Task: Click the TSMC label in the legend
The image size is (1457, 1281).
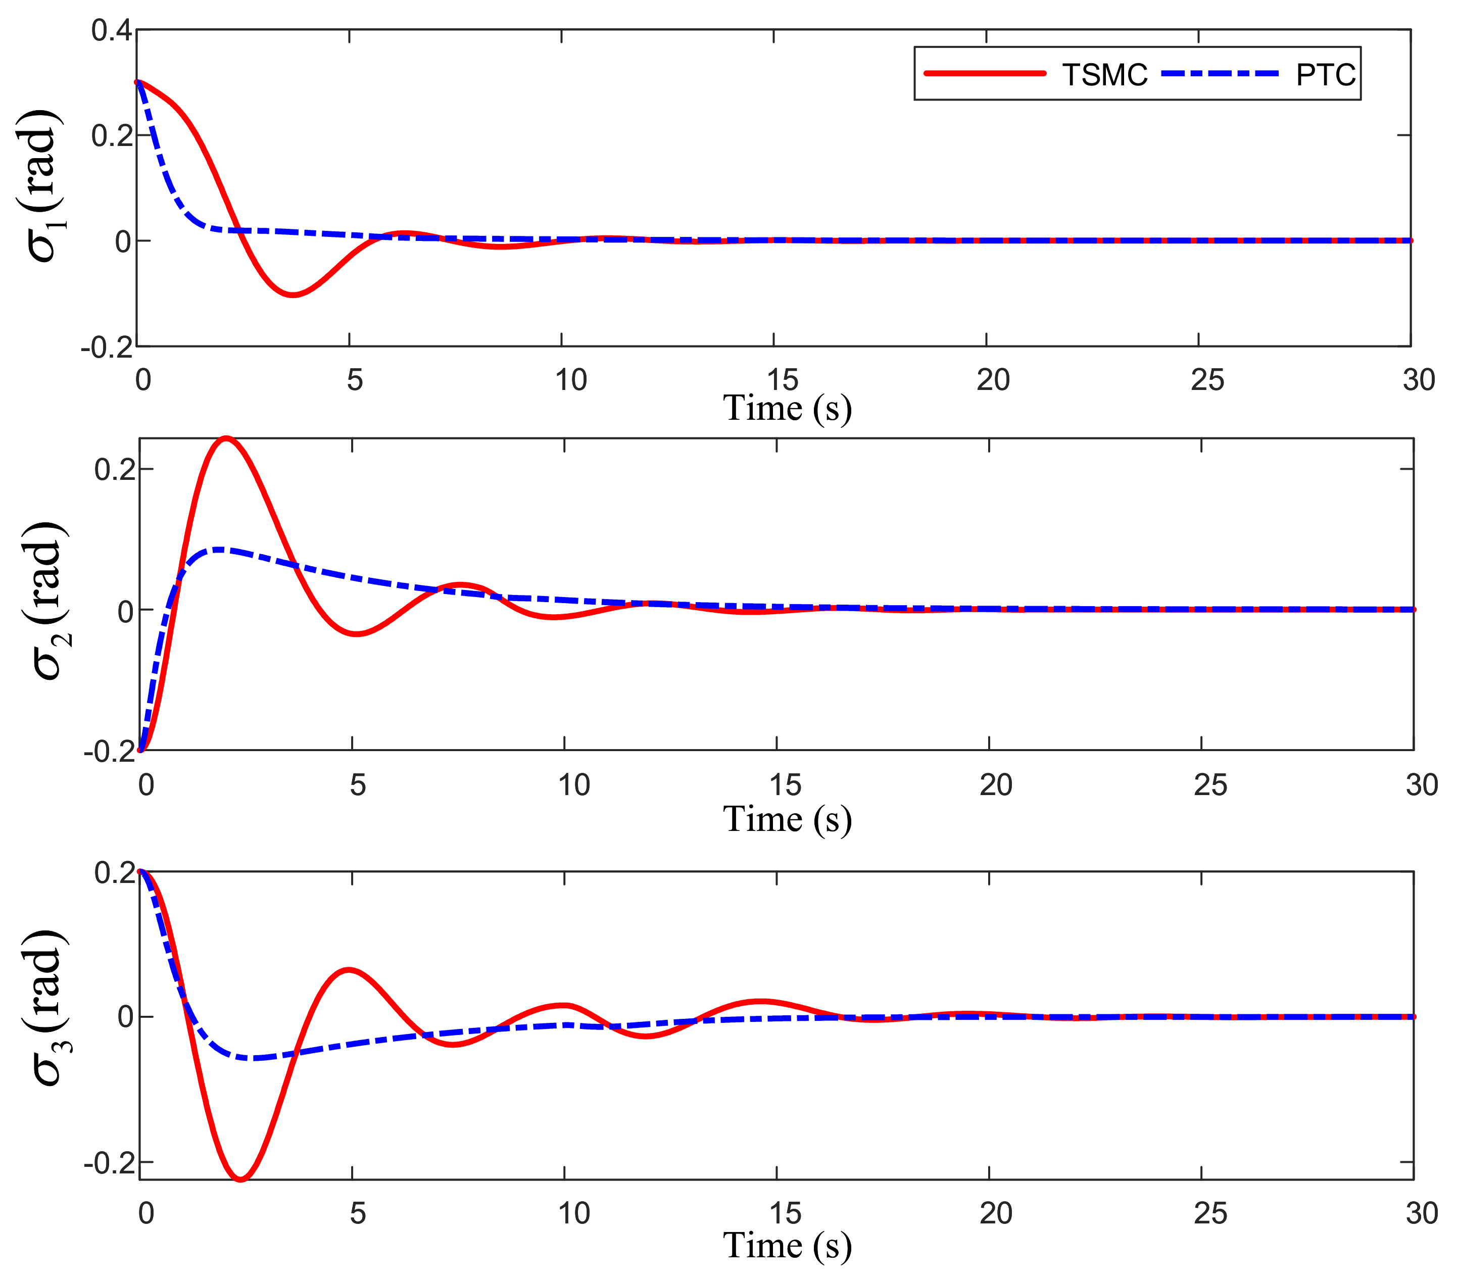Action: point(1104,75)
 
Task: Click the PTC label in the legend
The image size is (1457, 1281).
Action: point(1325,75)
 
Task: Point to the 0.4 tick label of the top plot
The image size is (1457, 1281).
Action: point(112,31)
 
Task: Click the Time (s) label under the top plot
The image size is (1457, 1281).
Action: point(787,409)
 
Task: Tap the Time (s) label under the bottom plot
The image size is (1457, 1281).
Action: point(787,1245)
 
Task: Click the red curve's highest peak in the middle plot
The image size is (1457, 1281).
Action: point(226,438)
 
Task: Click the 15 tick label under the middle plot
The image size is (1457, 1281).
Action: point(785,785)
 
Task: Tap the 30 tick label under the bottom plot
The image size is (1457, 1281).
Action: point(1421,1213)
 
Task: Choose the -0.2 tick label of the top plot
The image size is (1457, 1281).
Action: point(107,348)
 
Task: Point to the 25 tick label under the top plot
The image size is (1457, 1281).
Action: point(1207,381)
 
